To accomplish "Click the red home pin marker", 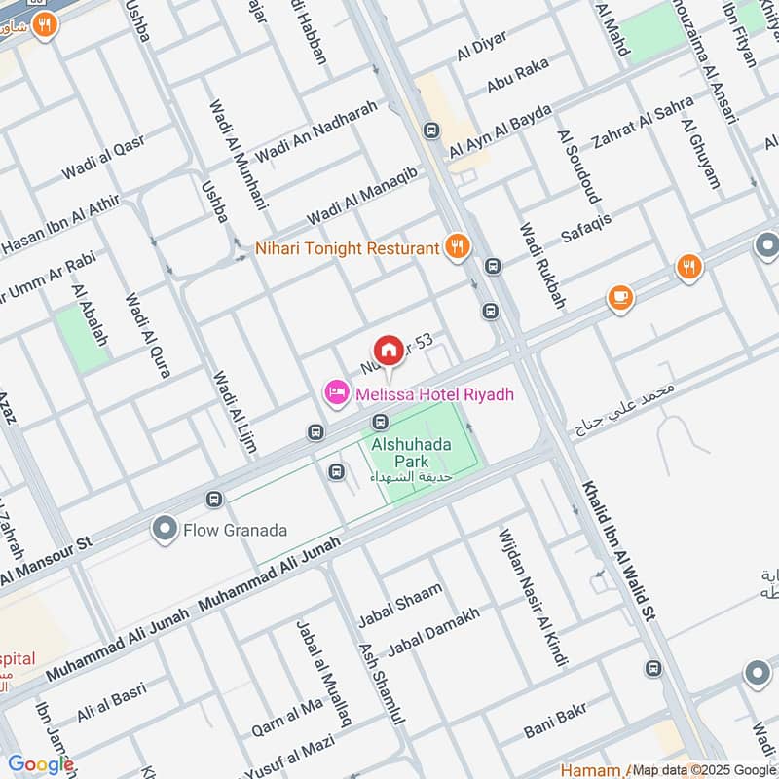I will click(388, 350).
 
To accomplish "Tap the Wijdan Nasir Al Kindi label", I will click(532, 597).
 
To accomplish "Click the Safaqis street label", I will click(586, 227).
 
